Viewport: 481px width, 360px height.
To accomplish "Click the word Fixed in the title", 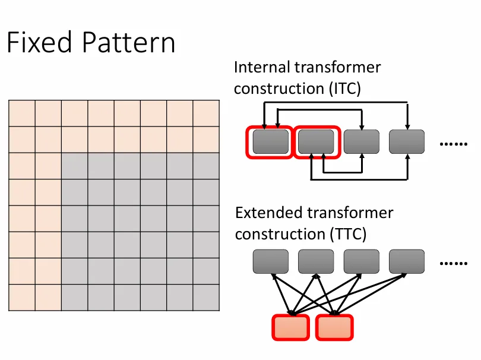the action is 39,42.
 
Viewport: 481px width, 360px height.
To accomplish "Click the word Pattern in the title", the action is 129,42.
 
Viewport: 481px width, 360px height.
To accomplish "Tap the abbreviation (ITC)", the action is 345,89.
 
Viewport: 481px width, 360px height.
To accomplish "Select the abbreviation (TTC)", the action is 348,234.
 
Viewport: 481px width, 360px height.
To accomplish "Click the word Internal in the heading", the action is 262,67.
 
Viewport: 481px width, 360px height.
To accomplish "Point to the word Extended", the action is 269,213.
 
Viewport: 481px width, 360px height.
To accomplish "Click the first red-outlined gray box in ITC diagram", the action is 270,142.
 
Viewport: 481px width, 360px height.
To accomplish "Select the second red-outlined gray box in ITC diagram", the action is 317,142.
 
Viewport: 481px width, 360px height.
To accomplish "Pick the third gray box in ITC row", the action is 362,141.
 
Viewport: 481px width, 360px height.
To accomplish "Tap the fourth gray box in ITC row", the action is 407,141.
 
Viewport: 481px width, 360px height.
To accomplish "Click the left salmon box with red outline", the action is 290,327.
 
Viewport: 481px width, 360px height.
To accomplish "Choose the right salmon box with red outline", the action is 334,327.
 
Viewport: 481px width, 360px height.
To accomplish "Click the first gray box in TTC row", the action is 271,261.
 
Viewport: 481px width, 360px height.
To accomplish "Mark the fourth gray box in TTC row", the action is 407,261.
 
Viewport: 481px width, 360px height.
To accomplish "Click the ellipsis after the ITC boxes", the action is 454,144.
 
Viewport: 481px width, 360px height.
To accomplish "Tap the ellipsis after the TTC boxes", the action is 454,263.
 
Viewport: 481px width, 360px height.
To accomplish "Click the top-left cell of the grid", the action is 22,113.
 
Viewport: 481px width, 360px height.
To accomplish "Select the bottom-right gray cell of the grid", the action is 206,298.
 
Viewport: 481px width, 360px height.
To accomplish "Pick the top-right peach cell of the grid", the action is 206,113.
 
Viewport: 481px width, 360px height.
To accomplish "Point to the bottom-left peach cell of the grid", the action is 22,298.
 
